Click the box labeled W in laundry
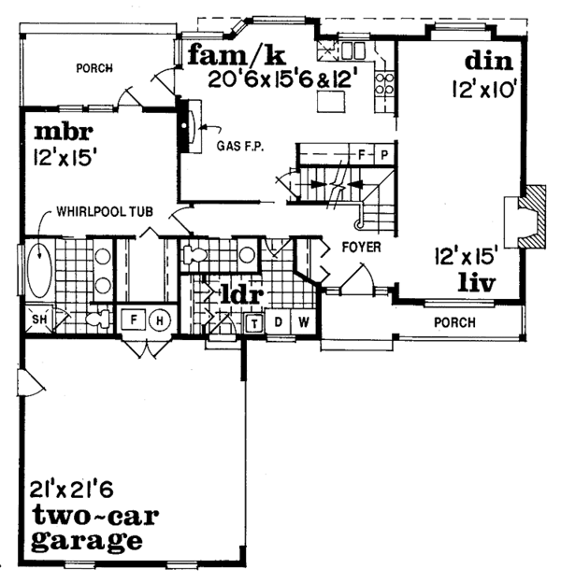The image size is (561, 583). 304,323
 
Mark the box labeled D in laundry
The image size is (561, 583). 279,323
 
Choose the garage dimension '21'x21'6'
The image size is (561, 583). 70,488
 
